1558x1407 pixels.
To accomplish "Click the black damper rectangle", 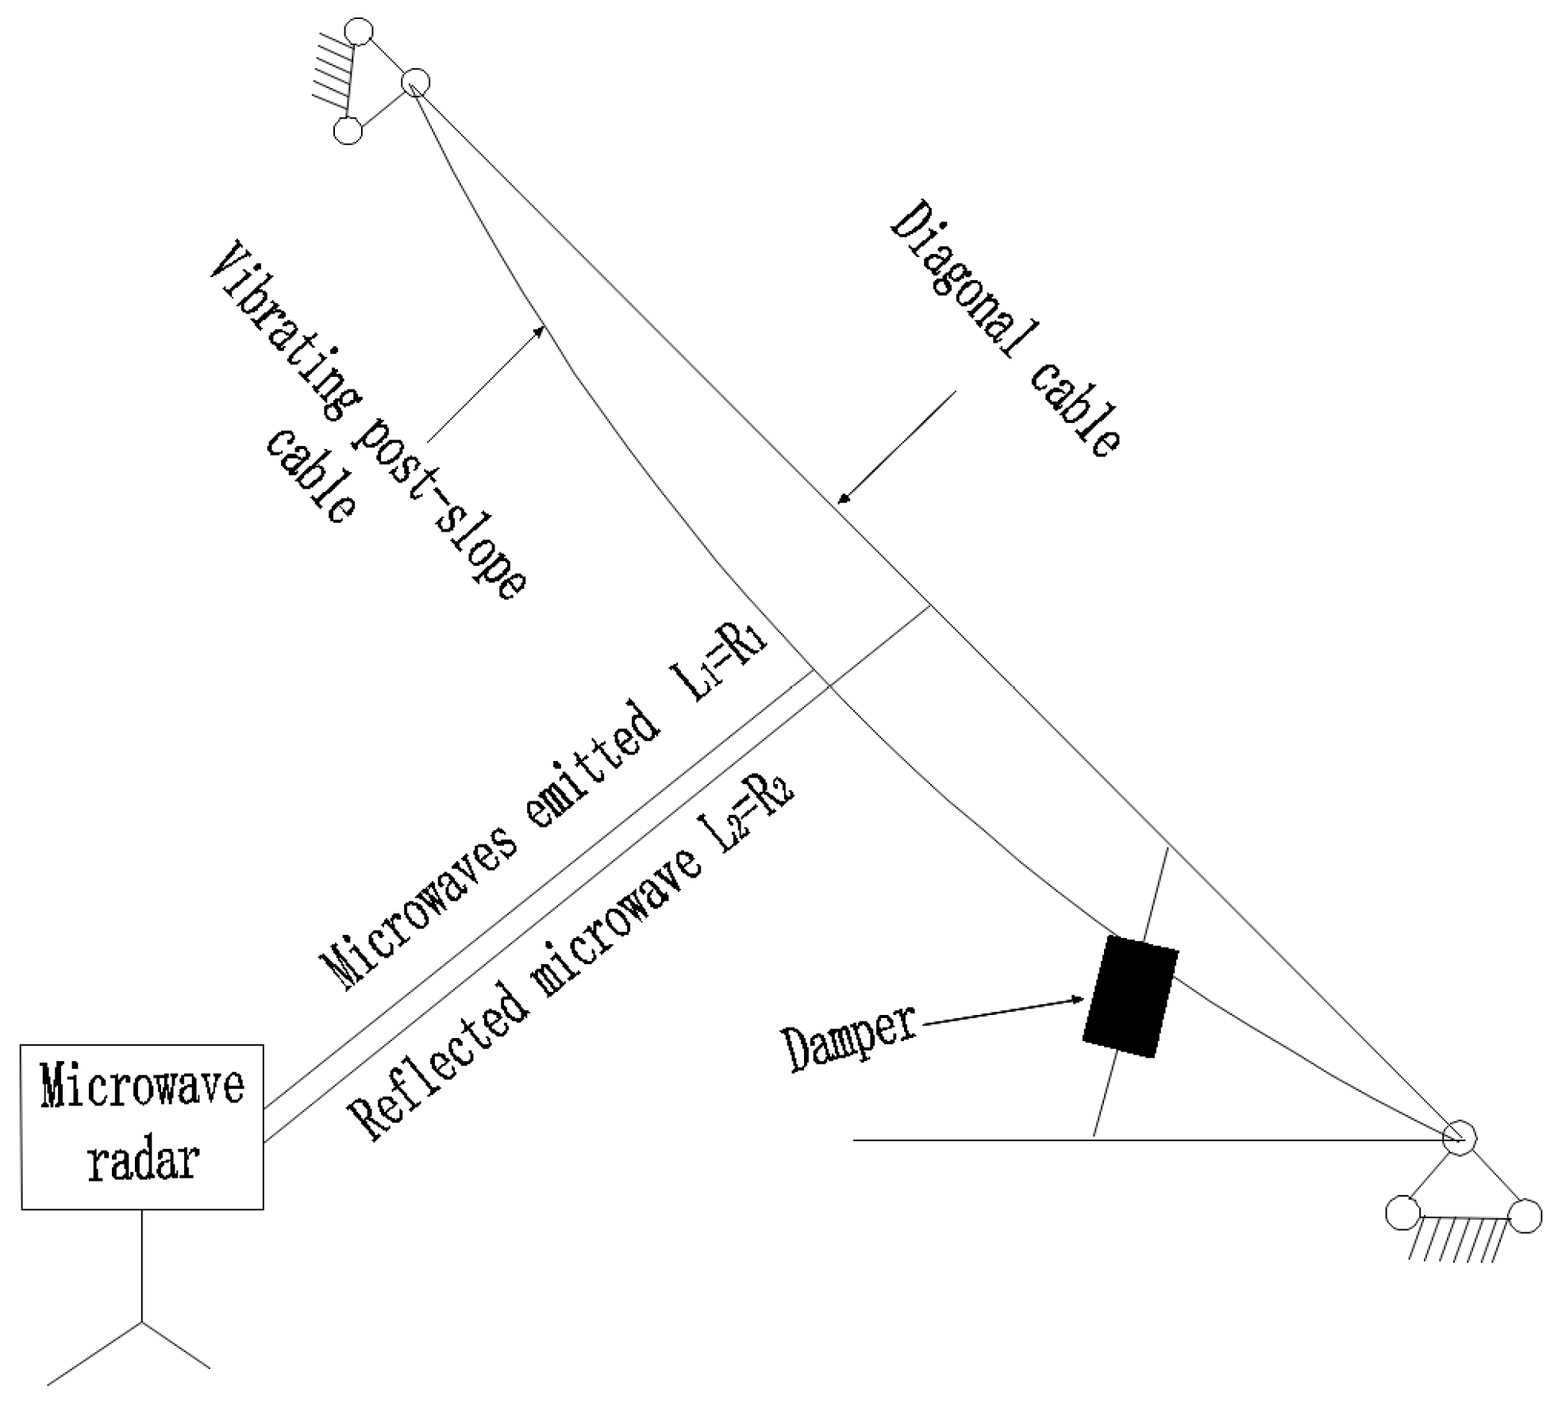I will click(x=1129, y=997).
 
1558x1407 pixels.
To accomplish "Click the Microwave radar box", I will click(x=142, y=1126).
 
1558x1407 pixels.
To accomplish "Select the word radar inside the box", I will click(x=142, y=1161).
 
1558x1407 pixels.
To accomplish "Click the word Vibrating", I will click(x=282, y=333).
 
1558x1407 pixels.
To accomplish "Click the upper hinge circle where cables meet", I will click(x=415, y=82).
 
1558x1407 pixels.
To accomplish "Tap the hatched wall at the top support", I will click(x=332, y=79).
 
